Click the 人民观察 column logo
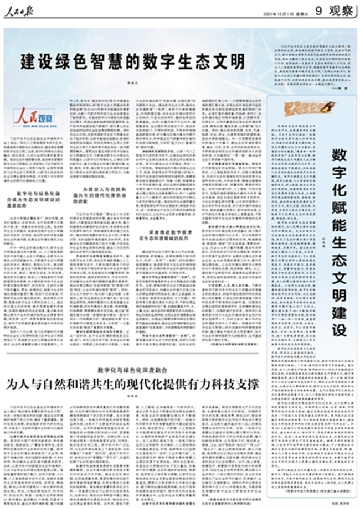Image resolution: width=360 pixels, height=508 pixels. (x=34, y=117)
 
